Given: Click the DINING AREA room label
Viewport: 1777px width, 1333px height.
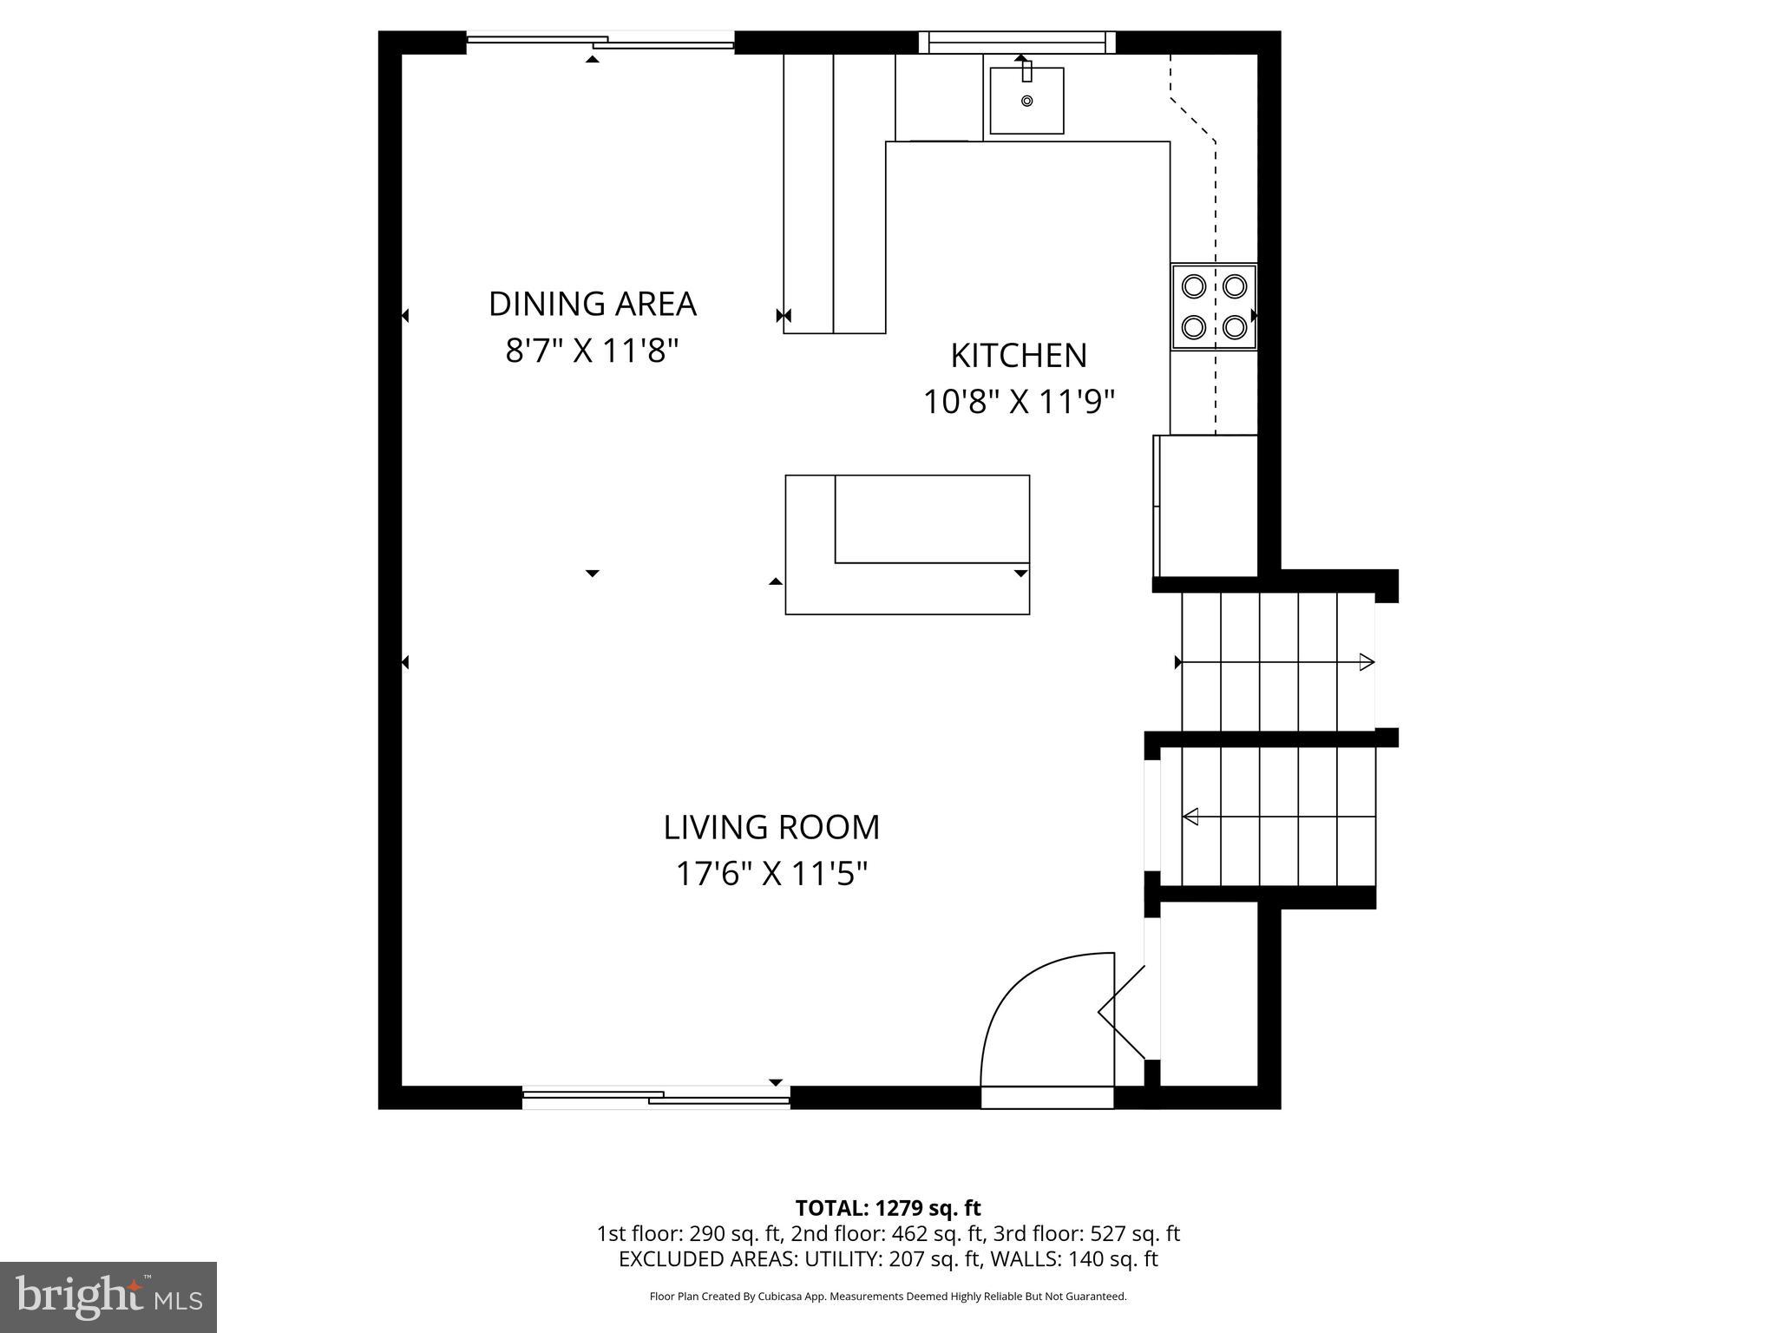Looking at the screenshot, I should pos(592,304).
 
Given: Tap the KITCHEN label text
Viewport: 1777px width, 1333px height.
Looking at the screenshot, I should pos(1018,356).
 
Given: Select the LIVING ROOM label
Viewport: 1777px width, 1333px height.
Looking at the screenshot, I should pos(771,827).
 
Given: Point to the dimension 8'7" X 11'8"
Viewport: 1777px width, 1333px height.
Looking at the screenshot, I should pos(592,351).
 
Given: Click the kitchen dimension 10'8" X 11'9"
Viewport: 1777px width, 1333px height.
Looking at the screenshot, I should pos(1018,403).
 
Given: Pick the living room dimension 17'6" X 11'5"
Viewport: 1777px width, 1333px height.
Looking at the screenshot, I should pos(771,874).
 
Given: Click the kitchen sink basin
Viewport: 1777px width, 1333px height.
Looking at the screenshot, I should pos(1026,102).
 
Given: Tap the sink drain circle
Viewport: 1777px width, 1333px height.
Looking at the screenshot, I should pos(1026,101).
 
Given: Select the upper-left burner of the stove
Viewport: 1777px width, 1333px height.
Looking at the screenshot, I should pos(1194,286).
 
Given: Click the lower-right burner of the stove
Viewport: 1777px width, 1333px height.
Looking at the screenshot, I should pos(1235,327).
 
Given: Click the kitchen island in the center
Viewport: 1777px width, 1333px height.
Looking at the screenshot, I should pos(907,544).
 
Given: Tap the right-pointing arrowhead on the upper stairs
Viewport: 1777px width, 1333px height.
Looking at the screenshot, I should pos(1367,662).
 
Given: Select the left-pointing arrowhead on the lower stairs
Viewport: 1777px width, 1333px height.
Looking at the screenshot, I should pos(1191,817).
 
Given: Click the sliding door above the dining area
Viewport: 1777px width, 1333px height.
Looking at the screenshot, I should pos(600,41).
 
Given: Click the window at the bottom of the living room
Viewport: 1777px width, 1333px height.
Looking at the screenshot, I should pos(656,1098).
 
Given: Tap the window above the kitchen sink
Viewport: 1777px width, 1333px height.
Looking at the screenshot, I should pos(1017,41).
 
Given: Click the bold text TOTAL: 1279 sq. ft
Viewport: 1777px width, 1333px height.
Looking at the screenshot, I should pos(888,1208).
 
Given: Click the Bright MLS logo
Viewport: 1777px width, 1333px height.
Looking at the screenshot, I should pos(108,1296).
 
